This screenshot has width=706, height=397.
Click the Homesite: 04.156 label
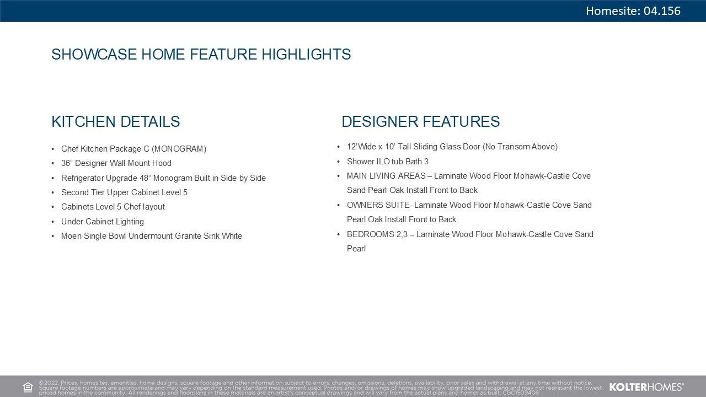click(x=633, y=10)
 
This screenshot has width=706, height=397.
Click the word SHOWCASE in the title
click(x=94, y=54)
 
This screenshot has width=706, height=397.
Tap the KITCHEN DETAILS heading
click(x=116, y=121)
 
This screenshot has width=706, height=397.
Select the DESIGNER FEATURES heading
click(x=420, y=121)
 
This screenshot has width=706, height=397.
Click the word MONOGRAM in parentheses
click(x=179, y=149)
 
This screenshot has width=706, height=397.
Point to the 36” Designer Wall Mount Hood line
click(x=116, y=163)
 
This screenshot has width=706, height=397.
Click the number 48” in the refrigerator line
click(x=144, y=178)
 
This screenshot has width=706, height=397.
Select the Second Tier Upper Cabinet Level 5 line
click(x=124, y=192)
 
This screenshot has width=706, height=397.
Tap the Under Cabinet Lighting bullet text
click(x=103, y=222)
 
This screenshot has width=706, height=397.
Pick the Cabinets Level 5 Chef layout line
click(x=113, y=207)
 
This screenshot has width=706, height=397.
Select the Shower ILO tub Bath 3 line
click(x=388, y=162)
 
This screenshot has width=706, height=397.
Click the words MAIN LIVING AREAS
click(x=387, y=176)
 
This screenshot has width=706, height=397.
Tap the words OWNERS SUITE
click(x=378, y=205)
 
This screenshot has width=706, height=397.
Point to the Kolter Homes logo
click(x=646, y=387)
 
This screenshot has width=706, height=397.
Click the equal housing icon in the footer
click(x=28, y=387)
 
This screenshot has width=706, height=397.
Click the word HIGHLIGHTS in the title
click(x=306, y=54)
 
